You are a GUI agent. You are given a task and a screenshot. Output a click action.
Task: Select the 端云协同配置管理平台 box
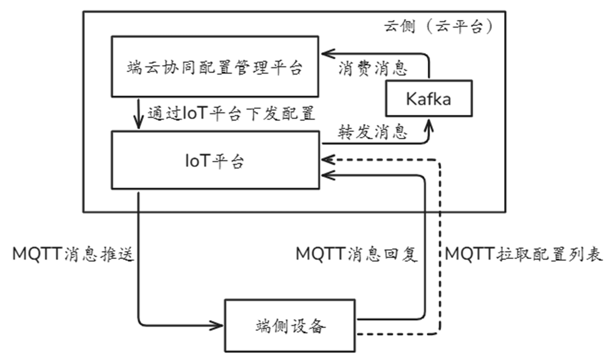coord(214,66)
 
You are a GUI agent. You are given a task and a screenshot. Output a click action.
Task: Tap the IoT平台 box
coord(214,161)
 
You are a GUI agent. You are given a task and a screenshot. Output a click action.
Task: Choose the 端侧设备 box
coord(290,325)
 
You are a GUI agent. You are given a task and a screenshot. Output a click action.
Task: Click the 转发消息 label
coord(373,132)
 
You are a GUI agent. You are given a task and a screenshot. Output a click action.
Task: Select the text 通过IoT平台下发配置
coord(231,113)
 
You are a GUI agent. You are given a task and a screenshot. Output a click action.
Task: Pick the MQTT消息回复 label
coord(357,255)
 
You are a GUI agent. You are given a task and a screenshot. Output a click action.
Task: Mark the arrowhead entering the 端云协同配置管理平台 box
coord(326,53)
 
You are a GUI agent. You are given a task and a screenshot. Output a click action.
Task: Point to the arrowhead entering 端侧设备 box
coord(218,325)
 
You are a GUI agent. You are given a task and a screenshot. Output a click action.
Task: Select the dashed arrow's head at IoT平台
coord(326,160)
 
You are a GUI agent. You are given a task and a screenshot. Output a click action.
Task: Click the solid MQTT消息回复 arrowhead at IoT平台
coord(326,176)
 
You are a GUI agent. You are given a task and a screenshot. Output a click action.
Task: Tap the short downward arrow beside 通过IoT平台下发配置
coord(138,114)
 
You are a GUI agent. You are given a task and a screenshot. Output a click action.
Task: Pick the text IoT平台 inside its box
coord(214,161)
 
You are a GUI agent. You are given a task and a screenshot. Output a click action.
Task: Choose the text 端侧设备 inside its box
coord(290,325)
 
